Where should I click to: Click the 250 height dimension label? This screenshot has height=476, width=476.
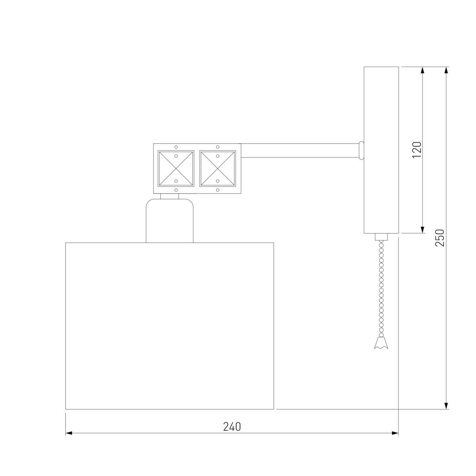point(440,238)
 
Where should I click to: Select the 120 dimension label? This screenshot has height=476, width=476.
point(417,150)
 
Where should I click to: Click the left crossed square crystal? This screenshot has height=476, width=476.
point(176,169)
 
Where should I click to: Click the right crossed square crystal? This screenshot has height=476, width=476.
point(217,169)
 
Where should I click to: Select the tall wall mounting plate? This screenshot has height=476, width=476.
point(381,150)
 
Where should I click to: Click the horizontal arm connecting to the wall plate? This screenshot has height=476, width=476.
point(300,150)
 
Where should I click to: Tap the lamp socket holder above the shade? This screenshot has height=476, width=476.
point(169,221)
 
